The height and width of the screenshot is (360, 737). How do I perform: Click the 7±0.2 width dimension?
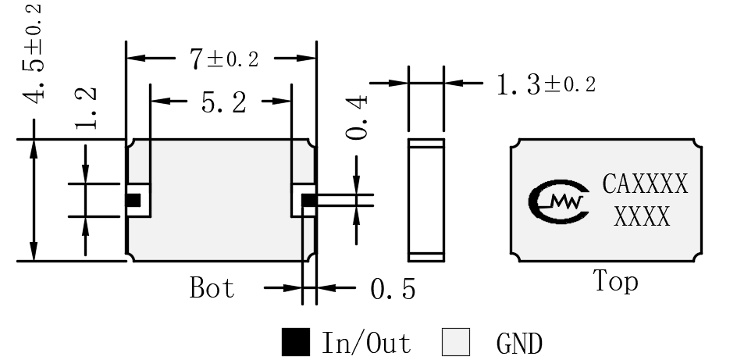pyautogui.click(x=224, y=59)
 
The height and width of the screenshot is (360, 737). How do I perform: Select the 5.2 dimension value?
pyautogui.click(x=224, y=102)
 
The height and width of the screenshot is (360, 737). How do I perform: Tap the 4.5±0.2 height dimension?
pyautogui.click(x=34, y=52)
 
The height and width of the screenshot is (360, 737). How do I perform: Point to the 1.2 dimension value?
pyautogui.click(x=86, y=108)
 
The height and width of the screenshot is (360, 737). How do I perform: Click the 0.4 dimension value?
pyautogui.click(x=357, y=117)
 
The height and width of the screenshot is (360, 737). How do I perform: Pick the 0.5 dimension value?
pyautogui.click(x=393, y=289)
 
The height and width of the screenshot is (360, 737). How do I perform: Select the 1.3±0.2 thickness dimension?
pyautogui.click(x=547, y=85)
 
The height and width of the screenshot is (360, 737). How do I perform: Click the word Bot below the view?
pyautogui.click(x=212, y=287)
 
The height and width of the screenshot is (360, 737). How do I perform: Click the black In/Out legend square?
pyautogui.click(x=296, y=342)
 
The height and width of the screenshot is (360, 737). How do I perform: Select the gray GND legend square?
pyautogui.click(x=456, y=342)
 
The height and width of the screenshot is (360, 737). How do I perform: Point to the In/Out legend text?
pyautogui.click(x=366, y=343)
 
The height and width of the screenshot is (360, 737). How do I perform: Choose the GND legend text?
pyautogui.click(x=519, y=344)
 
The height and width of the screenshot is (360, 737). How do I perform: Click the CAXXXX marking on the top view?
pyautogui.click(x=646, y=184)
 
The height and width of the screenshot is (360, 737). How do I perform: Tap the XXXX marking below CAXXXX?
pyautogui.click(x=642, y=216)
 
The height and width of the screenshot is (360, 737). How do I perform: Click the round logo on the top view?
pyautogui.click(x=558, y=201)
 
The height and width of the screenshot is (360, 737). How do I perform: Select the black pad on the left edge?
pyautogui.click(x=134, y=200)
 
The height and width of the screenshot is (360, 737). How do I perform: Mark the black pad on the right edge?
pyautogui.click(x=309, y=200)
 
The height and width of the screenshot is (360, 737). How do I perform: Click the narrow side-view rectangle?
pyautogui.click(x=425, y=200)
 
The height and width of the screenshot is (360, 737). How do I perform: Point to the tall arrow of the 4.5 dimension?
pyautogui.click(x=34, y=200)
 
